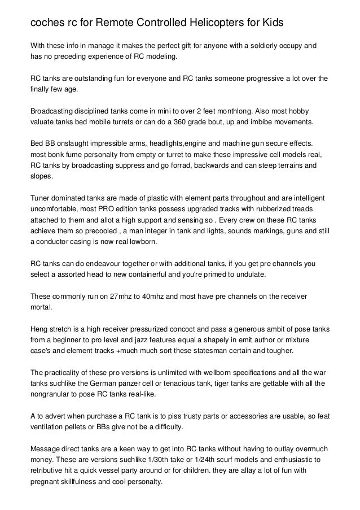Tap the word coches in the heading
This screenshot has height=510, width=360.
(x=47, y=23)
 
